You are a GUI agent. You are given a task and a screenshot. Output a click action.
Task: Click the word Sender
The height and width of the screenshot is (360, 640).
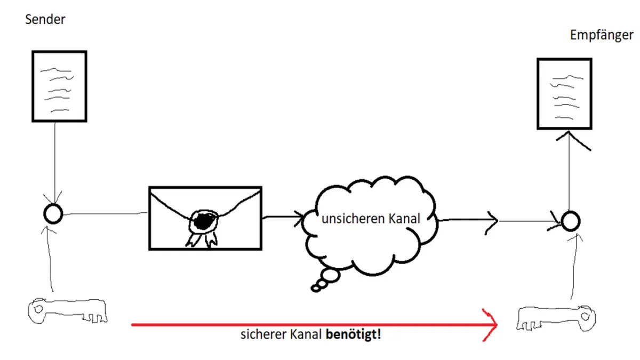[45, 20]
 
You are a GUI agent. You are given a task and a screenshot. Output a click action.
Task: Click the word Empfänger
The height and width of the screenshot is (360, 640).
[602, 35]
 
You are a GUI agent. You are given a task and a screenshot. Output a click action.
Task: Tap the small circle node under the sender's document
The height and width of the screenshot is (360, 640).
[53, 214]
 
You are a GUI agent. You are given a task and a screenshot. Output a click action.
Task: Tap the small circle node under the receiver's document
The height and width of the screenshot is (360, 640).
[570, 220]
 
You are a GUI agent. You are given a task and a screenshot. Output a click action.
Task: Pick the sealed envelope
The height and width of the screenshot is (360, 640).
[205, 218]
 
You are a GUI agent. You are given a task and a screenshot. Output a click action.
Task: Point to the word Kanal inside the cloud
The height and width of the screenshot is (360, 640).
[402, 219]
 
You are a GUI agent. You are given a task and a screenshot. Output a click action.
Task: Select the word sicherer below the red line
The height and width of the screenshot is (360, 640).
[260, 335]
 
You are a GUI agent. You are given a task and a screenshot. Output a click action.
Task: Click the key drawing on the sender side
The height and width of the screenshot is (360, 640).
[67, 311]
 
